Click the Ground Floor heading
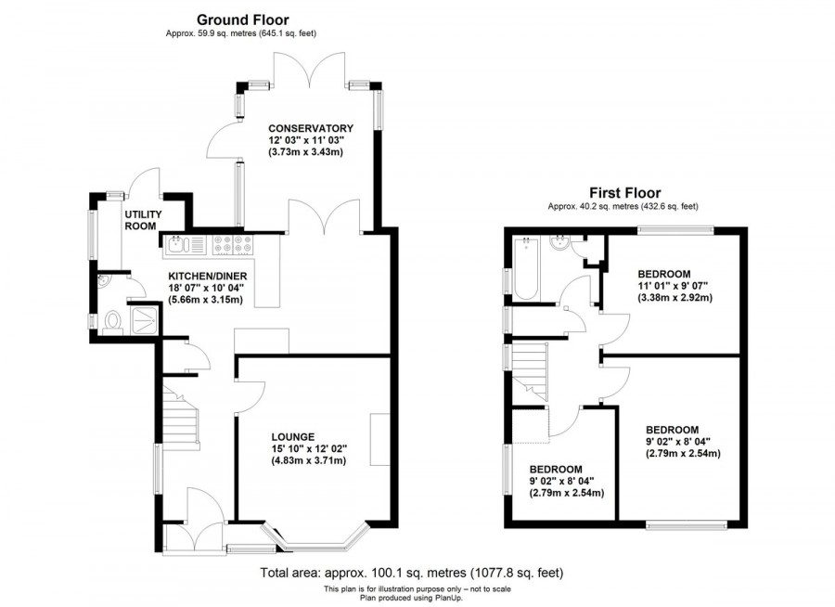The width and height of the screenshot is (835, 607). pos(242,19)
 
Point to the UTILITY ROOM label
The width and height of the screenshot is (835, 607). pos(143,220)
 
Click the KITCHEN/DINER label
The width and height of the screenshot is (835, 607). pos(205,276)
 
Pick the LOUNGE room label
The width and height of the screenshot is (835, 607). pos(293,435)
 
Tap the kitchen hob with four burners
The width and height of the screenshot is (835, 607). pos(233,245)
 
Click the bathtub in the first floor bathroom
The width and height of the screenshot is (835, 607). pos(525,270)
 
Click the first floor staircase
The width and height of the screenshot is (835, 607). pos(532,370)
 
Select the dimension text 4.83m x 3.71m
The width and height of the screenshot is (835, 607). pos(309,460)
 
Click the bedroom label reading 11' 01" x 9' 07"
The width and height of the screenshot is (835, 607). pos(663,286)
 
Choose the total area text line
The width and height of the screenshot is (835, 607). pos(412,573)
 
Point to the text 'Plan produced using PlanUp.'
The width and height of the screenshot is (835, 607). pos(413,598)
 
